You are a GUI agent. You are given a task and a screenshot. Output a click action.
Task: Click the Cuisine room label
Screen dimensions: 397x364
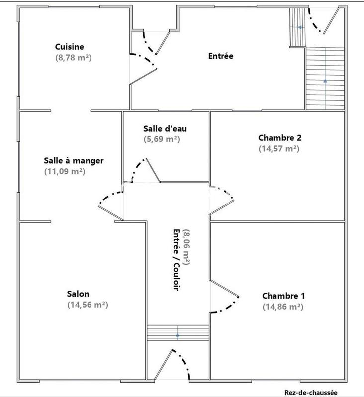(70, 47)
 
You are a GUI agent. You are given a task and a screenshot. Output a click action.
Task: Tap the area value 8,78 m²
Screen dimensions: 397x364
(74, 58)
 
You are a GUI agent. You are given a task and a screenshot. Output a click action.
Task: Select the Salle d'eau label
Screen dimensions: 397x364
(165, 129)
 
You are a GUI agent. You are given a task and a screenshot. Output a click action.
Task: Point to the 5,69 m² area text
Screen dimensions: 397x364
(165, 139)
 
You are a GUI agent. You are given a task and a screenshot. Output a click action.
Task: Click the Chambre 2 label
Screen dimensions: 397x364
(279, 137)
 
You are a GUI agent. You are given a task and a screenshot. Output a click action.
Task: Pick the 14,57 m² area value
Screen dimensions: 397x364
(278, 148)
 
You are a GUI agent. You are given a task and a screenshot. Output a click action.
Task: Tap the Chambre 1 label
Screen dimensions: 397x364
(283, 296)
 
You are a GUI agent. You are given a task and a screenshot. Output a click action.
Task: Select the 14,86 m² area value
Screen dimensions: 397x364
(282, 307)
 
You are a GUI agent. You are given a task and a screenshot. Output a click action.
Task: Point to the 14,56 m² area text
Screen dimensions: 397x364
(88, 305)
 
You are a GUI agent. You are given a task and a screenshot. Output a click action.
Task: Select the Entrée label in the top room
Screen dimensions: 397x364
(220, 56)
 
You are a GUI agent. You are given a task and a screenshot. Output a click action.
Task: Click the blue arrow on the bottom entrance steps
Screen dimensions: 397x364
(178, 334)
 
